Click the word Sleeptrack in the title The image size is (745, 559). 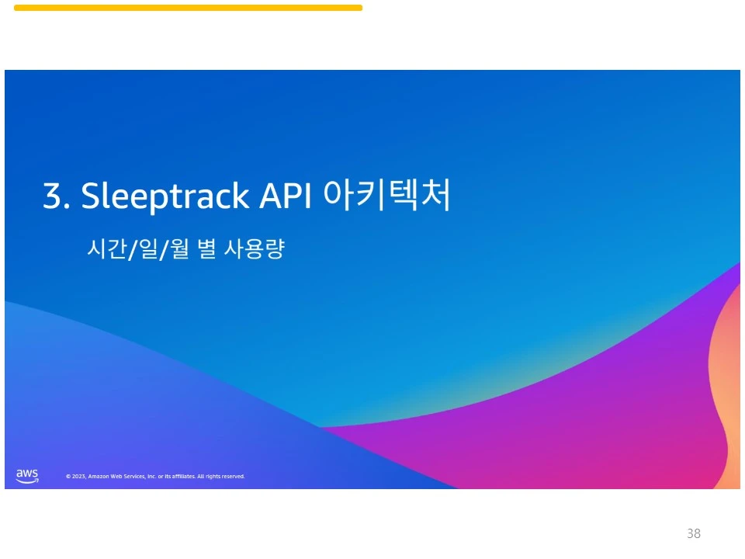[165, 196]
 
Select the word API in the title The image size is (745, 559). [285, 195]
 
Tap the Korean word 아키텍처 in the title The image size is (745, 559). [386, 194]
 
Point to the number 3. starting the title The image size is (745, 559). [56, 196]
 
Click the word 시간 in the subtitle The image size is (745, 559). [106, 248]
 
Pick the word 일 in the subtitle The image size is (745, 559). [148, 248]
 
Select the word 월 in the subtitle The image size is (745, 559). [179, 248]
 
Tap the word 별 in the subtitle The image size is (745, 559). [206, 248]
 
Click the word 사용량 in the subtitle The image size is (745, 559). [255, 248]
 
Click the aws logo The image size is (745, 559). [27, 476]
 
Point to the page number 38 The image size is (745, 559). [694, 533]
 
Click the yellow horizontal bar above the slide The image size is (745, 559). [188, 8]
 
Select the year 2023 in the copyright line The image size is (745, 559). [79, 476]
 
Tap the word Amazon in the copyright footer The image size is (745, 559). [99, 476]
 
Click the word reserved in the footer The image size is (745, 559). [234, 476]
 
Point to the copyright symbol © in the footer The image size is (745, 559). [68, 476]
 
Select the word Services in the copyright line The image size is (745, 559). [134, 476]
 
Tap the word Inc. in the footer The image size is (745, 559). [151, 476]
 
